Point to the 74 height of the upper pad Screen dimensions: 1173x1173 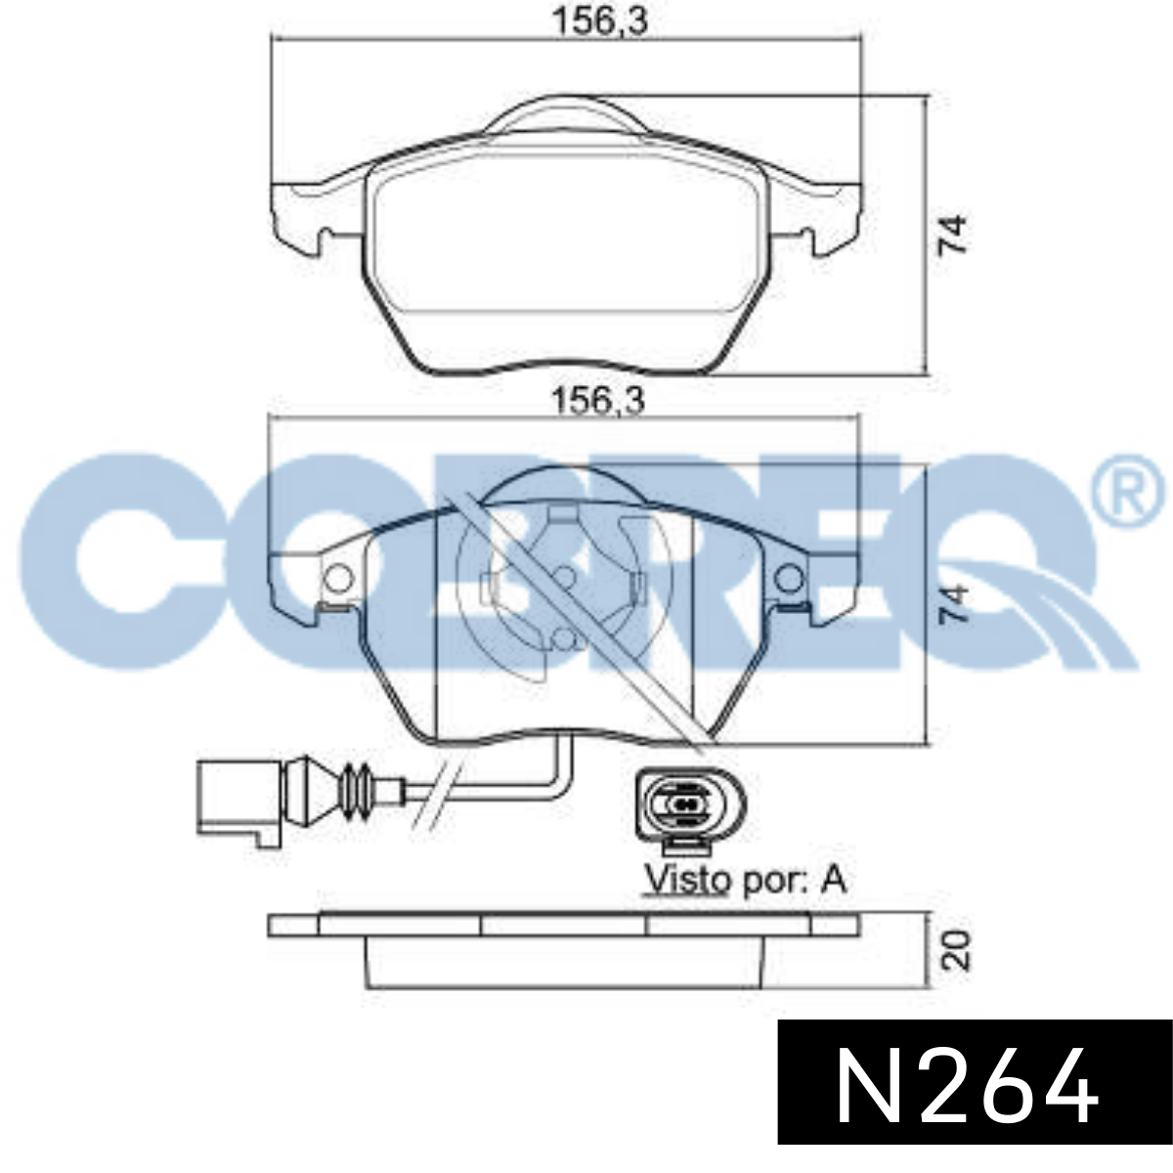click(953, 235)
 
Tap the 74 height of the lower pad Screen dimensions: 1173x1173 click(953, 604)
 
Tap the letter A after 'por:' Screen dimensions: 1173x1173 click(833, 879)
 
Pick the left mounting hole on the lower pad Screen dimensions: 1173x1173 click(338, 579)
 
